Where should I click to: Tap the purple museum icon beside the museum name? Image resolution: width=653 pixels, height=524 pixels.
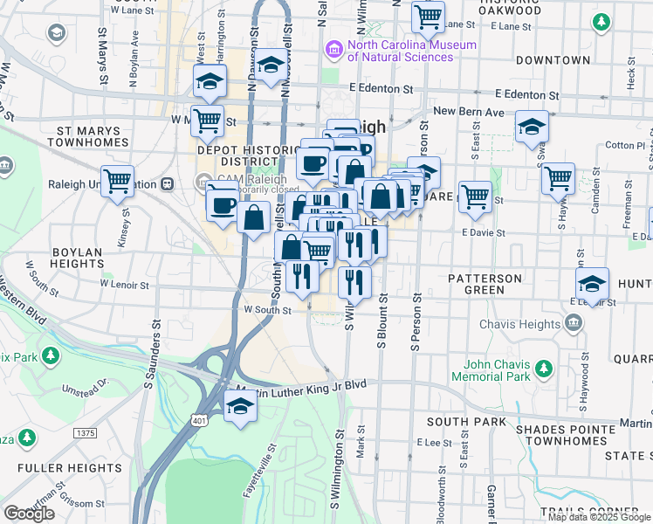333,50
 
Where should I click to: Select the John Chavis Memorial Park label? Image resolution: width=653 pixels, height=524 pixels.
496,370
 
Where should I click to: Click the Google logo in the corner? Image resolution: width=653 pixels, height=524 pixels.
29,514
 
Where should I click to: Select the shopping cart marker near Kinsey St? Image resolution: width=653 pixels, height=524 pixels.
117,182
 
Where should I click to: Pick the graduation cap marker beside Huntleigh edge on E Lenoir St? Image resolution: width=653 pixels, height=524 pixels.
592,283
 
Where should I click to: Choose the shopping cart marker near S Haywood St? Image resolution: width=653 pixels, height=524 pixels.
558,178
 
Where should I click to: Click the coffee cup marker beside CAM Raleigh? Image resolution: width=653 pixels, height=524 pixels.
222,204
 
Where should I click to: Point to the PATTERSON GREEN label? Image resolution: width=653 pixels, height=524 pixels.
485,279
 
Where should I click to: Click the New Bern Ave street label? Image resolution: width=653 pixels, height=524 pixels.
469,111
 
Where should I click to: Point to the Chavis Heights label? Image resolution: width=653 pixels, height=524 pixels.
520,324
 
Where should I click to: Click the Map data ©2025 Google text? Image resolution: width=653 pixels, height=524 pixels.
598,516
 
